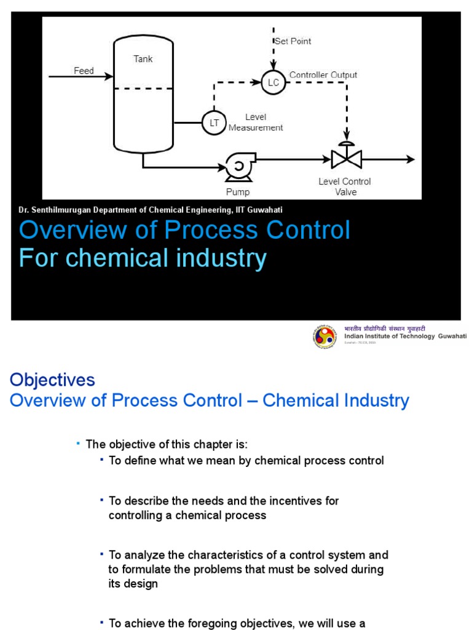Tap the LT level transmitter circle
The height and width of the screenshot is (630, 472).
tap(214, 123)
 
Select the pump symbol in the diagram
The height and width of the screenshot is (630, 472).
tap(237, 166)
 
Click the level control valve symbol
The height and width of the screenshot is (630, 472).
tap(346, 158)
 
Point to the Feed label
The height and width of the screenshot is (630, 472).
tap(84, 71)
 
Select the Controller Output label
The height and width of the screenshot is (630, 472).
tap(323, 75)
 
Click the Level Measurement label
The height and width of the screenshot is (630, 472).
tap(256, 122)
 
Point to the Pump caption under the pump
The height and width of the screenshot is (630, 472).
tap(237, 192)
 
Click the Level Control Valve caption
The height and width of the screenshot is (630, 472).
tap(344, 186)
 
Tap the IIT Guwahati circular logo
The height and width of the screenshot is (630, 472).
tap(325, 337)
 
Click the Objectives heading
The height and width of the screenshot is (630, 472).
tap(52, 380)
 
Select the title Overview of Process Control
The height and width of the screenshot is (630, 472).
tap(184, 230)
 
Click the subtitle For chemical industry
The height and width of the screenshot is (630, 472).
tap(143, 258)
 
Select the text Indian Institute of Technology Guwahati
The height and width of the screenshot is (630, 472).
tap(405, 336)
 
